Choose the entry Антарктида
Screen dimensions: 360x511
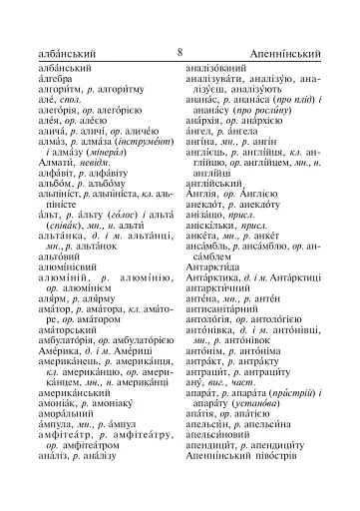(x=215, y=282)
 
